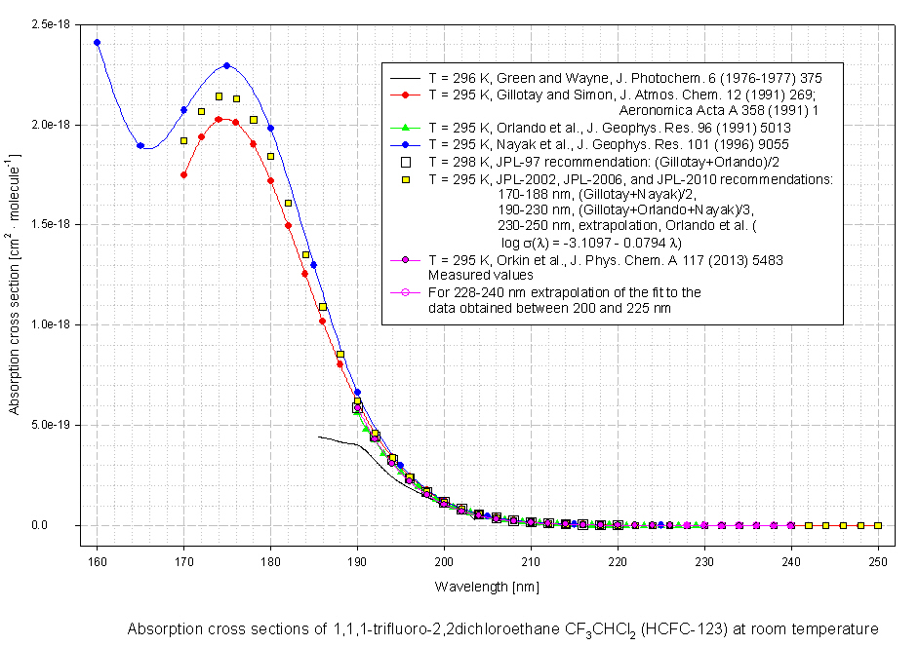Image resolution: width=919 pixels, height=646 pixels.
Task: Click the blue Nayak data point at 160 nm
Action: [x=97, y=42]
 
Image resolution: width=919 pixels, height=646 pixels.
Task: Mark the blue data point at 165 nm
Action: [x=140, y=145]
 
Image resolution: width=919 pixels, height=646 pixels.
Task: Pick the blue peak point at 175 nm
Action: [x=226, y=65]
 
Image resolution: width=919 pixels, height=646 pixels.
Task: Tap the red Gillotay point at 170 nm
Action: [x=183, y=174]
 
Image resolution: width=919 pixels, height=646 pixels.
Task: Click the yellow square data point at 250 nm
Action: [x=878, y=525]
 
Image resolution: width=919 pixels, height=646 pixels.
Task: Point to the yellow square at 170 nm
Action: [x=183, y=140]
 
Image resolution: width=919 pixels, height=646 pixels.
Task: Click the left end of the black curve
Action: [x=319, y=437]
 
